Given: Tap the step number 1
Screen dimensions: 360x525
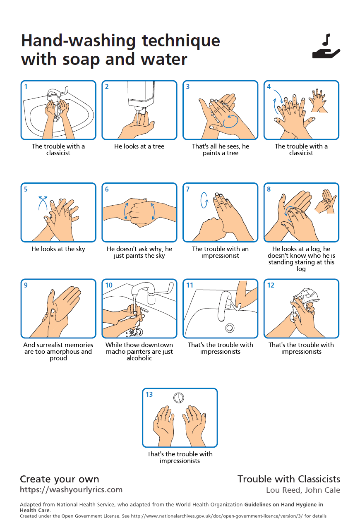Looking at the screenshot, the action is [26, 87].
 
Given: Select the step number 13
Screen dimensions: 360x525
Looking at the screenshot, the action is [149, 394].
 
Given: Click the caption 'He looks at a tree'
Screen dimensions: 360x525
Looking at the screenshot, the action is [139, 146].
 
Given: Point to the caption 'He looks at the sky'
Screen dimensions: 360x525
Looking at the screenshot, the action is [58, 249].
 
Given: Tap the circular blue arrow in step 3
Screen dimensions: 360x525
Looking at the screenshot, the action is [230, 121].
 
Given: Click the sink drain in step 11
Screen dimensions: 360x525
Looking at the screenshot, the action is [230, 328].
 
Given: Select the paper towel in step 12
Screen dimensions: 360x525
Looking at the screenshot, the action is [304, 302].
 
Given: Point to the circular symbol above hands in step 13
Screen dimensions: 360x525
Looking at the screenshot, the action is [179, 398].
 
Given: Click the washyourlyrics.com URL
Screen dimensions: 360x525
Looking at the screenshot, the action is [71, 490].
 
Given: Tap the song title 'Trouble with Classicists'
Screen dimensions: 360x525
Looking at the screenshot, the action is [289, 479].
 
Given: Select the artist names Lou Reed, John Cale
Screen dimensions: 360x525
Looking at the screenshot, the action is [303, 490].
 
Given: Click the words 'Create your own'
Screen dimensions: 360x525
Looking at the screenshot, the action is [60, 479].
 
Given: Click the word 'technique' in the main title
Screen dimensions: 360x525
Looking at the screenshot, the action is [181, 41].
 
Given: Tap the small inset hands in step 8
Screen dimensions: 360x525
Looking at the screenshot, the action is [325, 201].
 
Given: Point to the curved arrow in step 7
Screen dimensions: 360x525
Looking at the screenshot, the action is [204, 200].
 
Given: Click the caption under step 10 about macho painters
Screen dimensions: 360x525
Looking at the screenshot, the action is [139, 352].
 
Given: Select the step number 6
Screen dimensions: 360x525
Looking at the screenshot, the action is [107, 189].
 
